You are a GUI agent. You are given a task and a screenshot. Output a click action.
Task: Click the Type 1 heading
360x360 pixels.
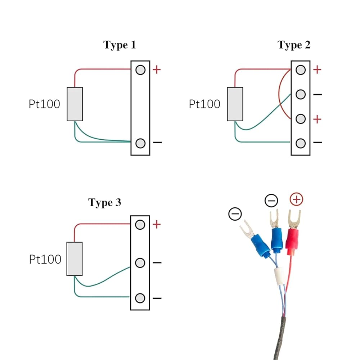(120, 45)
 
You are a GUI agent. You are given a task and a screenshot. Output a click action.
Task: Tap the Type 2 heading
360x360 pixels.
(293, 45)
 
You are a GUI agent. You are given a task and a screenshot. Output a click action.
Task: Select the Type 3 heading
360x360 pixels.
(105, 203)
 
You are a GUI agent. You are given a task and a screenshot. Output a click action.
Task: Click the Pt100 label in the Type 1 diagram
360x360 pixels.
(44, 104)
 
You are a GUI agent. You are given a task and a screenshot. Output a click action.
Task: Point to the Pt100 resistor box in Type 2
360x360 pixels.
(235, 104)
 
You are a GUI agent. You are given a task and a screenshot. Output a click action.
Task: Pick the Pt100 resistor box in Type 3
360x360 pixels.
(75, 259)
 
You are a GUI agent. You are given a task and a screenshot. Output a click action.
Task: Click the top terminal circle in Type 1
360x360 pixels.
(140, 69)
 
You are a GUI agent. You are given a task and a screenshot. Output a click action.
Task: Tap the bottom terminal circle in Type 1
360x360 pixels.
(140, 143)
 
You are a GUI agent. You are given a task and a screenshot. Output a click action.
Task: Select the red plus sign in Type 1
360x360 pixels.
(157, 69)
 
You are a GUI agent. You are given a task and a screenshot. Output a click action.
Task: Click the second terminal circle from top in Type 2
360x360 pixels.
(301, 94)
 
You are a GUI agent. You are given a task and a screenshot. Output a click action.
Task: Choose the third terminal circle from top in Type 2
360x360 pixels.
(301, 119)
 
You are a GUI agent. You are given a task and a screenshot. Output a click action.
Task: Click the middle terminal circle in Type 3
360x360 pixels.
(140, 263)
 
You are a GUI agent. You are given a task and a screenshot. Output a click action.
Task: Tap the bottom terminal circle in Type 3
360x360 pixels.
(140, 298)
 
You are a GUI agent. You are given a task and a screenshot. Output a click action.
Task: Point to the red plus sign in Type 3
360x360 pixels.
(157, 225)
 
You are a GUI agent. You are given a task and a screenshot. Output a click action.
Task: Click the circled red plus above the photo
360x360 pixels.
(296, 199)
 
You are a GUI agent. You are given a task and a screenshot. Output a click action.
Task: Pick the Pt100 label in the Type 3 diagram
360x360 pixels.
(45, 259)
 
